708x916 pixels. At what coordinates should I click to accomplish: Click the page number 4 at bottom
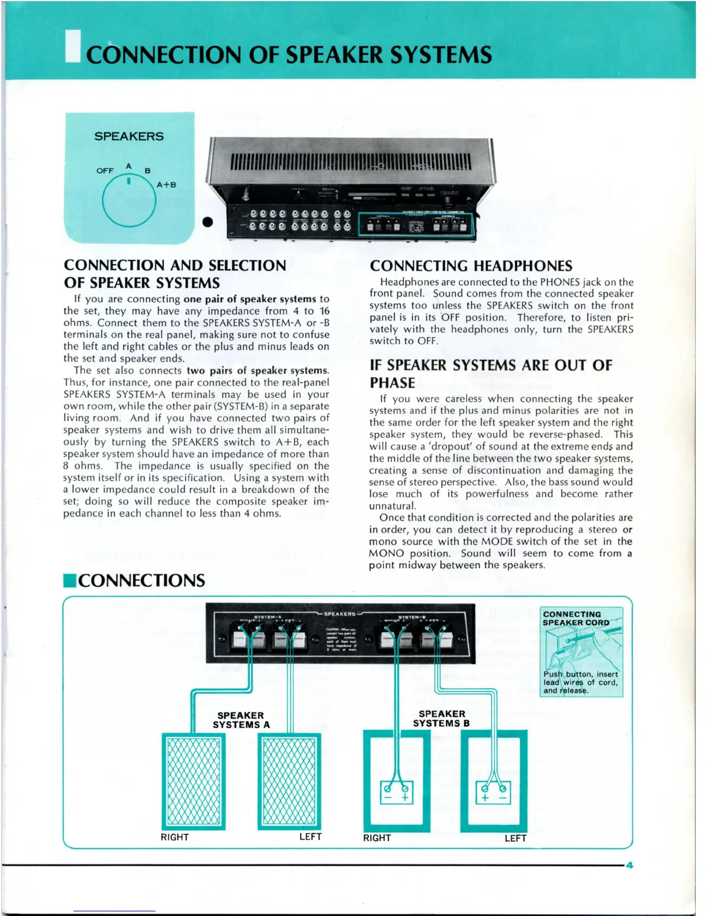tap(630, 866)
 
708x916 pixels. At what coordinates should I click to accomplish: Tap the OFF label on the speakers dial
tap(105, 171)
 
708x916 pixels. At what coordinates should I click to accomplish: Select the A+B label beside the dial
tap(166, 185)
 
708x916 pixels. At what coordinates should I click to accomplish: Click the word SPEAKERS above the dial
tap(129, 136)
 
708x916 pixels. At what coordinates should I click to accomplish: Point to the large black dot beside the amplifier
tap(208, 222)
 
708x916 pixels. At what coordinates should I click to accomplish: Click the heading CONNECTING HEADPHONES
tap(471, 266)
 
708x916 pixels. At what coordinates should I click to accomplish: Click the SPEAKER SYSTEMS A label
tap(241, 720)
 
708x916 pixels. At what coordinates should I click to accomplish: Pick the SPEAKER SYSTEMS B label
tap(441, 719)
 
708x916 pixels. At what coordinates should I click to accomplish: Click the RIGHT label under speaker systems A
tap(175, 837)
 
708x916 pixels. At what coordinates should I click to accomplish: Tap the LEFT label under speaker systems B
tap(515, 838)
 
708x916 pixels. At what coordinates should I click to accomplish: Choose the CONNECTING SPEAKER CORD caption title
tap(576, 618)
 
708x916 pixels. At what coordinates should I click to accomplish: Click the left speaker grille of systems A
tap(289, 781)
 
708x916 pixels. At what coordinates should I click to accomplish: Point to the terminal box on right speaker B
tap(396, 793)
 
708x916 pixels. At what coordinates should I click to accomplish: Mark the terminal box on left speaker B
tap(493, 793)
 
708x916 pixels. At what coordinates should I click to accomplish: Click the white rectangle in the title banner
tap(73, 46)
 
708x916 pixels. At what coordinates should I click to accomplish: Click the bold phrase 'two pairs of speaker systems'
tap(257, 370)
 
